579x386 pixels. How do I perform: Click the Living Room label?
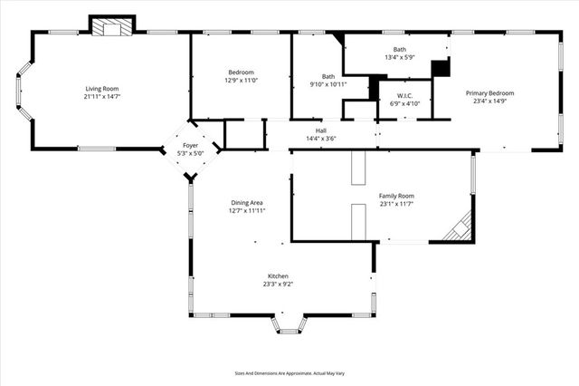[102, 88]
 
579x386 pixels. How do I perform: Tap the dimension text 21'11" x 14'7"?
[102, 96]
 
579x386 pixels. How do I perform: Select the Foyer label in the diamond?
[191, 145]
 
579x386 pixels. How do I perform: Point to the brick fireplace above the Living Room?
[112, 27]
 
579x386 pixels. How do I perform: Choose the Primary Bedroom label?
[489, 93]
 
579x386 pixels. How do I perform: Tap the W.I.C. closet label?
[399, 95]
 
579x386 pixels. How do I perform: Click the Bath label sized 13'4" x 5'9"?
[399, 49]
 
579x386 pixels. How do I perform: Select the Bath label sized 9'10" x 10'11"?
[328, 76]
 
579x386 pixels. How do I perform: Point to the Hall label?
[321, 130]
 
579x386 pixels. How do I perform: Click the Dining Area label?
[247, 203]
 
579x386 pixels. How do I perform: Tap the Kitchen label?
[278, 275]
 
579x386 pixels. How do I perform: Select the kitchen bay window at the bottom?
[289, 324]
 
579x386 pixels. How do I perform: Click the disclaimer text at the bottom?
[289, 372]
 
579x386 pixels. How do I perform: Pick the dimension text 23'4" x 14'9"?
[489, 101]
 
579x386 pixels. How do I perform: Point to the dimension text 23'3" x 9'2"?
[278, 284]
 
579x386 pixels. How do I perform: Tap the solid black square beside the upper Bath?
[441, 69]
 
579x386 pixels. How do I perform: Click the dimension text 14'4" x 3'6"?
[321, 139]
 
